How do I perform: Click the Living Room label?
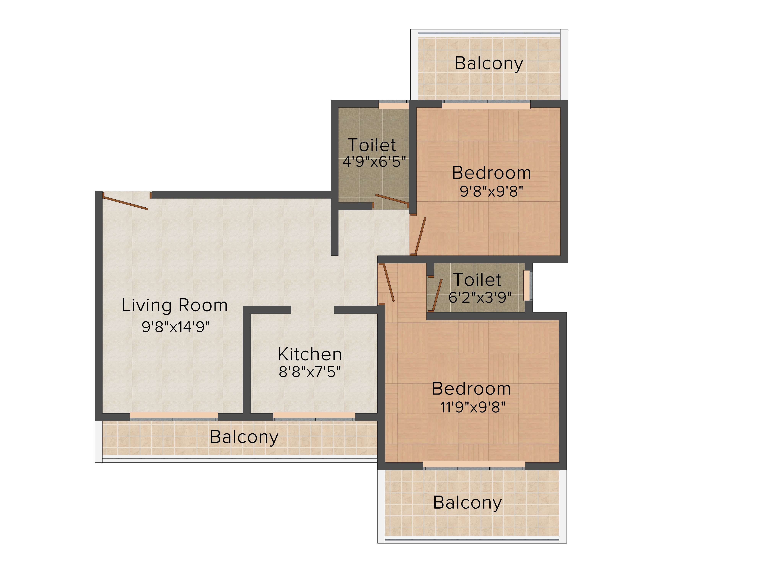pyautogui.click(x=175, y=306)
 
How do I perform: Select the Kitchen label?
pyautogui.click(x=310, y=354)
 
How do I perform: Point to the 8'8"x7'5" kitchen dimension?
pyautogui.click(x=310, y=372)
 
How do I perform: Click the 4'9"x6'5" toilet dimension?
pyautogui.click(x=374, y=161)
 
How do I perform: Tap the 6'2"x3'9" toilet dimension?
pyautogui.click(x=480, y=297)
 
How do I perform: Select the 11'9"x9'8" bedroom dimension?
pyautogui.click(x=473, y=407)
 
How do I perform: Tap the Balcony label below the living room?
pyautogui.click(x=244, y=437)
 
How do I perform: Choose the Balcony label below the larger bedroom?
pyautogui.click(x=467, y=503)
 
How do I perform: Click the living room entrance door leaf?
pyautogui.click(x=125, y=203)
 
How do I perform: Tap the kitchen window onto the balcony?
pyautogui.click(x=314, y=416)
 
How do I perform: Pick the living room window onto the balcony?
pyautogui.click(x=174, y=416)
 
